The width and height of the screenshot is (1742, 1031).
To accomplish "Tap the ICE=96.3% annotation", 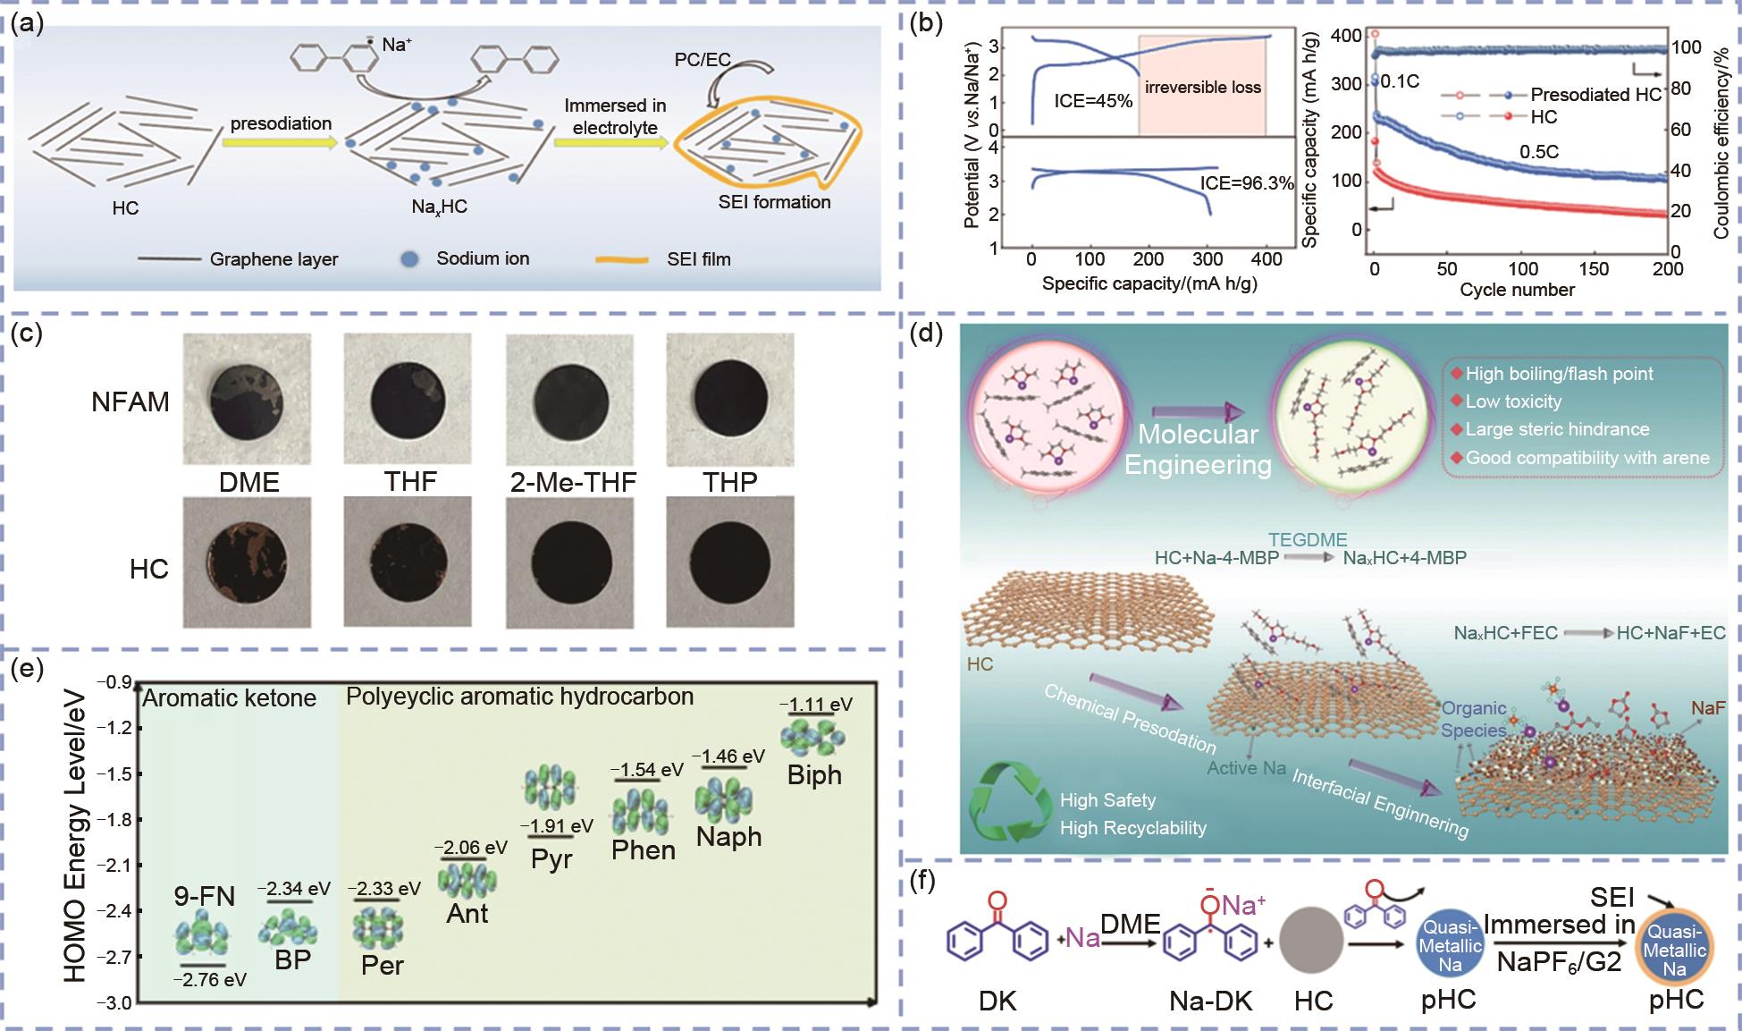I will pyautogui.click(x=1246, y=183).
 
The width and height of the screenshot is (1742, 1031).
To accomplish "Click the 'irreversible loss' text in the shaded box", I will pyautogui.click(x=1202, y=88).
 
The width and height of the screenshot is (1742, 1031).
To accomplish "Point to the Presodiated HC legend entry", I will pyautogui.click(x=1595, y=95).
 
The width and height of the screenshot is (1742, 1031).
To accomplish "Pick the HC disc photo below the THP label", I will pyautogui.click(x=729, y=562).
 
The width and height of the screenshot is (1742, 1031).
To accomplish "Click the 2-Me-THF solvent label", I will pyautogui.click(x=572, y=483).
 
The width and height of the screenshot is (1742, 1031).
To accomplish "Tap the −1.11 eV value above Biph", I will pyautogui.click(x=815, y=705).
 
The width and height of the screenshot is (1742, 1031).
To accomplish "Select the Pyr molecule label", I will pyautogui.click(x=551, y=859).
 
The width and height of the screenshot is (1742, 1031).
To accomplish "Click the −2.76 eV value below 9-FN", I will pyautogui.click(x=209, y=979).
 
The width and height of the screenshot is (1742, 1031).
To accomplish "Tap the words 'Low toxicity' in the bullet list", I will pyautogui.click(x=1513, y=401).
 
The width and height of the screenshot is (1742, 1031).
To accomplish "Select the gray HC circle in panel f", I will pyautogui.click(x=1314, y=951).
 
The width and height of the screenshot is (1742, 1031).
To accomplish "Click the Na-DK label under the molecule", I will pyautogui.click(x=1211, y=1001).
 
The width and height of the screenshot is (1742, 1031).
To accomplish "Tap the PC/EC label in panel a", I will pyautogui.click(x=703, y=60).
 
